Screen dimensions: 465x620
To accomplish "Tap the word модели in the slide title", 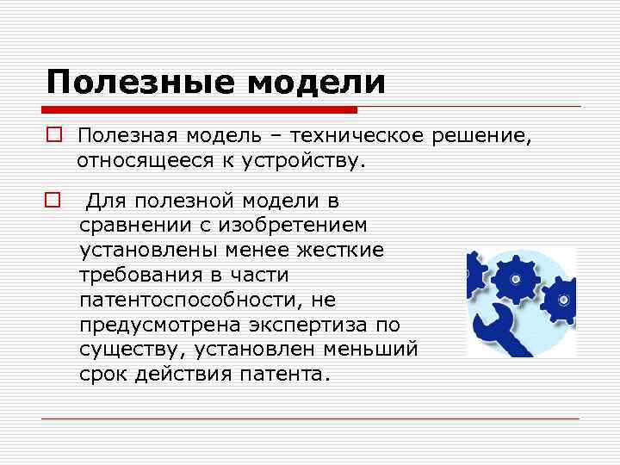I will click(316, 83).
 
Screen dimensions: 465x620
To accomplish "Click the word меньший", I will click(374, 350).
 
